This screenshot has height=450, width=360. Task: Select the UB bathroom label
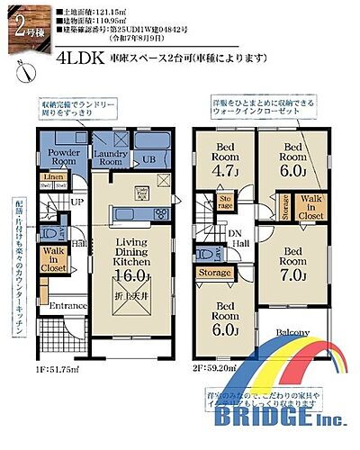(148, 161)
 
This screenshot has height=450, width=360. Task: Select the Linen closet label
(53, 177)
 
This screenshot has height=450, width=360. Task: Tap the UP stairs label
(78, 202)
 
